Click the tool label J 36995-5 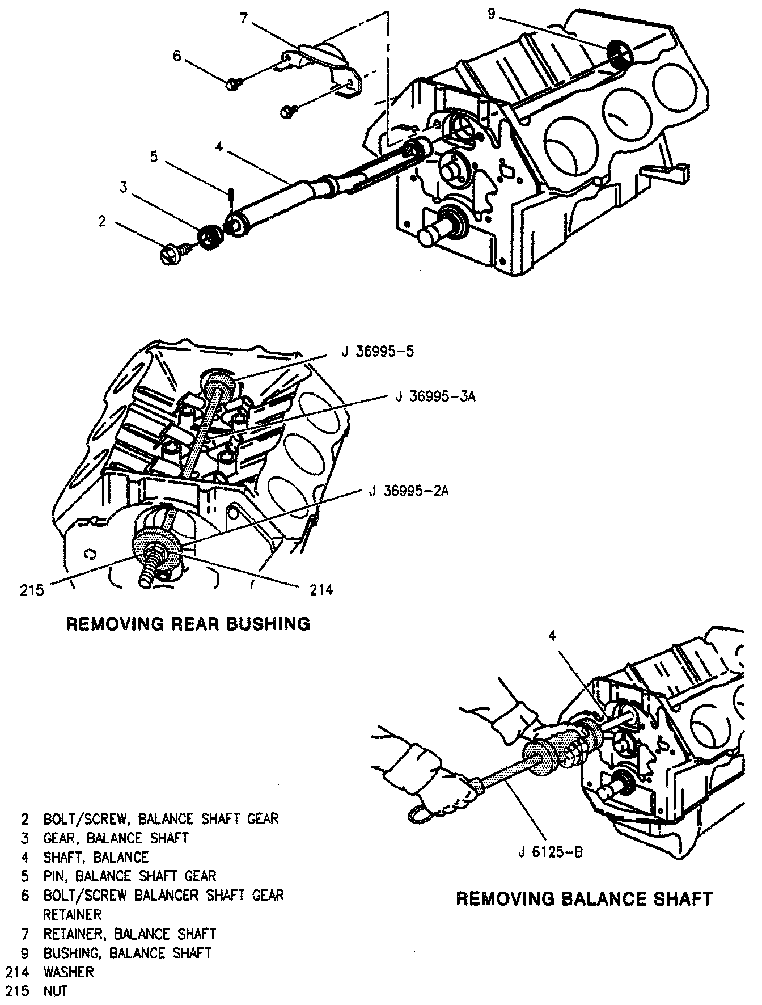(378, 352)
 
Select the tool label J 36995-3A (435, 396)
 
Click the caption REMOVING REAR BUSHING (188, 624)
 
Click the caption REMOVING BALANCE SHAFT (584, 899)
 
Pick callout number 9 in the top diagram (491, 14)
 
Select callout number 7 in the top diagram (244, 18)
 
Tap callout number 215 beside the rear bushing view (32, 590)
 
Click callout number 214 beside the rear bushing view (321, 590)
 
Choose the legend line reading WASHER (69, 972)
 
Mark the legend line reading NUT (56, 991)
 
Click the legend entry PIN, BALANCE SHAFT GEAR (130, 876)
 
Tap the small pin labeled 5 (231, 193)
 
